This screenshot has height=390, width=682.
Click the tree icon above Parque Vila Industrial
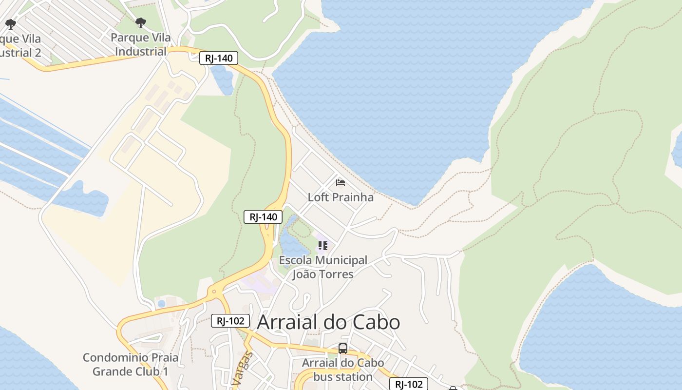[141, 22]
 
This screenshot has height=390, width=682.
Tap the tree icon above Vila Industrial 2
[11, 23]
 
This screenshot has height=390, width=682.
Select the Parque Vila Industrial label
[141, 44]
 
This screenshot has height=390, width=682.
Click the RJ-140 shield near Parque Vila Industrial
[219, 58]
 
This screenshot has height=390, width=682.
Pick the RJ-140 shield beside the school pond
[263, 217]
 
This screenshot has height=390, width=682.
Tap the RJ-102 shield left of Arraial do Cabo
[230, 321]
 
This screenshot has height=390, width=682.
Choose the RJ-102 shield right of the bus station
[409, 384]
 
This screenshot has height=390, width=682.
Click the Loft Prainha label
[341, 197]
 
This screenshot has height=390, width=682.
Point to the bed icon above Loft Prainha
[341, 183]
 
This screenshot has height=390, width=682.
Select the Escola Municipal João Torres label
[323, 267]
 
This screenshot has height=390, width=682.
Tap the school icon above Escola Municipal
[322, 245]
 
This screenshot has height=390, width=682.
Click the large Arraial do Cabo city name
[328, 322]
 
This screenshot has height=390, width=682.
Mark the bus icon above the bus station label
[343, 349]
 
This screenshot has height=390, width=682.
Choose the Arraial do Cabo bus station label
[343, 370]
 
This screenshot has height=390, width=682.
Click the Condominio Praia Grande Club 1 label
[130, 364]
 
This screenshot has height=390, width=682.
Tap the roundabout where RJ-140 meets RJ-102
[214, 292]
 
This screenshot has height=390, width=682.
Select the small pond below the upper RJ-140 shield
[223, 80]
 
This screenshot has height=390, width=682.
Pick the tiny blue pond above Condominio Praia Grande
[161, 304]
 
